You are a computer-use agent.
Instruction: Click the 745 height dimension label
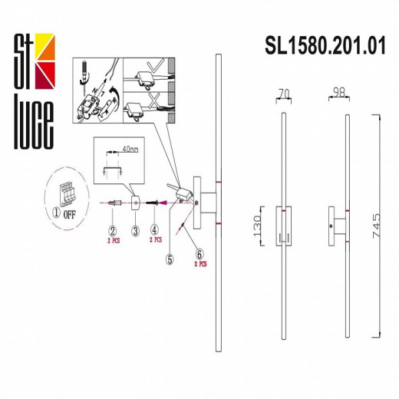click(377, 228)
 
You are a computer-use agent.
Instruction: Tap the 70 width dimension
click(286, 93)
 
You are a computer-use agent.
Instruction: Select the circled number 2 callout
click(112, 229)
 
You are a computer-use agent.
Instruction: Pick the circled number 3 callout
click(134, 229)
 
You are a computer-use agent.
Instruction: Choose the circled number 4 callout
click(156, 229)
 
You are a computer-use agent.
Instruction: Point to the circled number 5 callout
click(170, 258)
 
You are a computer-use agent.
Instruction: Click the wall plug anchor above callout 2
click(113, 203)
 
